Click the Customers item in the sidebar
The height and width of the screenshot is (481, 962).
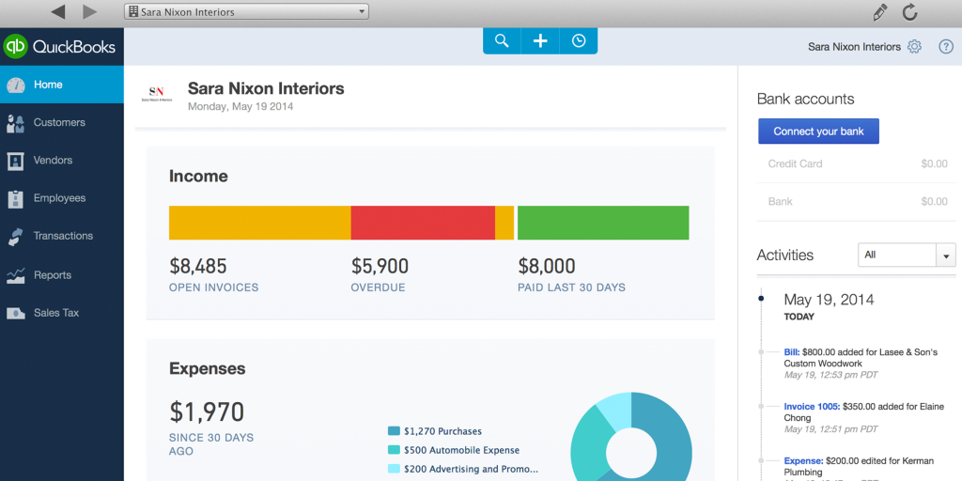pyautogui.click(x=58, y=122)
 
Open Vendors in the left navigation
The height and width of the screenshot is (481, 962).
pyautogui.click(x=53, y=161)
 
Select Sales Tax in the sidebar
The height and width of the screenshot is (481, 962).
pyautogui.click(x=55, y=313)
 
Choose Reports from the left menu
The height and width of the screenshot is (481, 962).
pyautogui.click(x=52, y=275)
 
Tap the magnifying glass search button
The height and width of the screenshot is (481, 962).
pyautogui.click(x=502, y=40)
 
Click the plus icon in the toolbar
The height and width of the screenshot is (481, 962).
pyautogui.click(x=540, y=40)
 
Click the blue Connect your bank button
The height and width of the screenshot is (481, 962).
pyautogui.click(x=818, y=132)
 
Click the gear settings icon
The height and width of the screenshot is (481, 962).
pyautogui.click(x=914, y=46)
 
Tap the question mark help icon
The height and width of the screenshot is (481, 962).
pyautogui.click(x=946, y=46)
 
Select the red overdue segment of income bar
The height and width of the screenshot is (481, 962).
pyautogui.click(x=423, y=223)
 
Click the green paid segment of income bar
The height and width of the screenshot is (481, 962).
pyautogui.click(x=603, y=223)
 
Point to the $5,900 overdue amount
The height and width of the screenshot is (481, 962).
pyautogui.click(x=380, y=267)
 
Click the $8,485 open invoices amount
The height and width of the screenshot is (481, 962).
pyautogui.click(x=198, y=267)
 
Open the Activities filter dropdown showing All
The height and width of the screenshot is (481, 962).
pyautogui.click(x=907, y=255)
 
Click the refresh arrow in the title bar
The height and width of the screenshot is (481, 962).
pyautogui.click(x=909, y=12)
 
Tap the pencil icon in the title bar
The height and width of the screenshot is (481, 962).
pyautogui.click(x=879, y=12)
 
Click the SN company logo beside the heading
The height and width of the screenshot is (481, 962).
pyautogui.click(x=157, y=94)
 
